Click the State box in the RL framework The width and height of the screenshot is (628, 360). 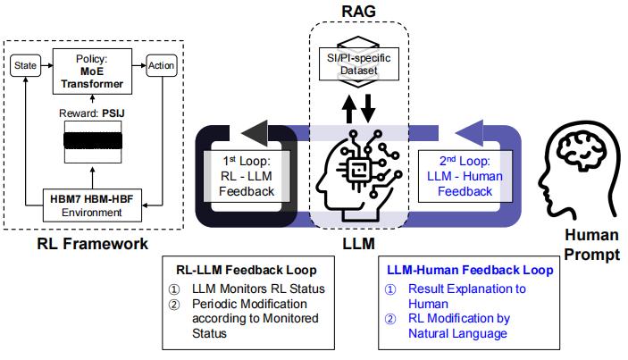coord(25,65)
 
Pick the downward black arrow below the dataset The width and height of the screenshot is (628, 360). coord(369,105)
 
